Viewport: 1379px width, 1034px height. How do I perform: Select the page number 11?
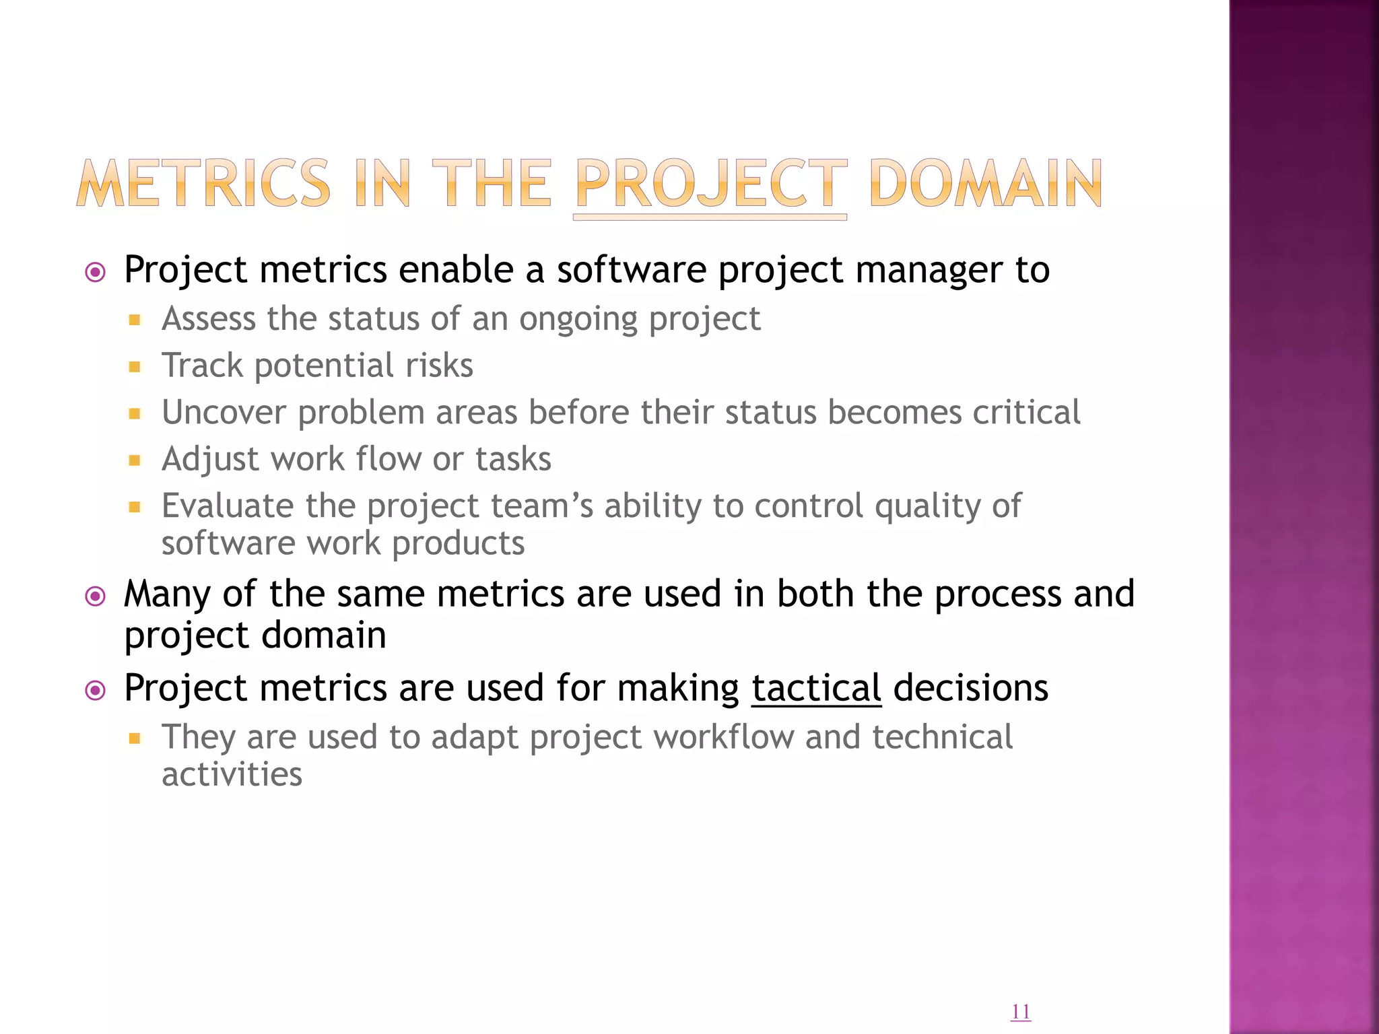(1020, 1012)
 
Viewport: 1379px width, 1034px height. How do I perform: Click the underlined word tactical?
(816, 688)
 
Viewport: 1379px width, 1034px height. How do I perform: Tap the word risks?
(439, 366)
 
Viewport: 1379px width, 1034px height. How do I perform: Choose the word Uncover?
(224, 412)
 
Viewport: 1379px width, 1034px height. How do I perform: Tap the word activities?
(232, 774)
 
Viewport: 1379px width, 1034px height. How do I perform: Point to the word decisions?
(970, 688)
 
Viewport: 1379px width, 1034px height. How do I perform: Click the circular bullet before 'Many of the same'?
(96, 596)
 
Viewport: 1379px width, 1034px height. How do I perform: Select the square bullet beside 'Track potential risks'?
(135, 367)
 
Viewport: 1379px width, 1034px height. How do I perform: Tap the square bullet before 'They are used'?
(135, 738)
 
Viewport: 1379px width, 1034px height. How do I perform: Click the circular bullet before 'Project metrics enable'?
(96, 272)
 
